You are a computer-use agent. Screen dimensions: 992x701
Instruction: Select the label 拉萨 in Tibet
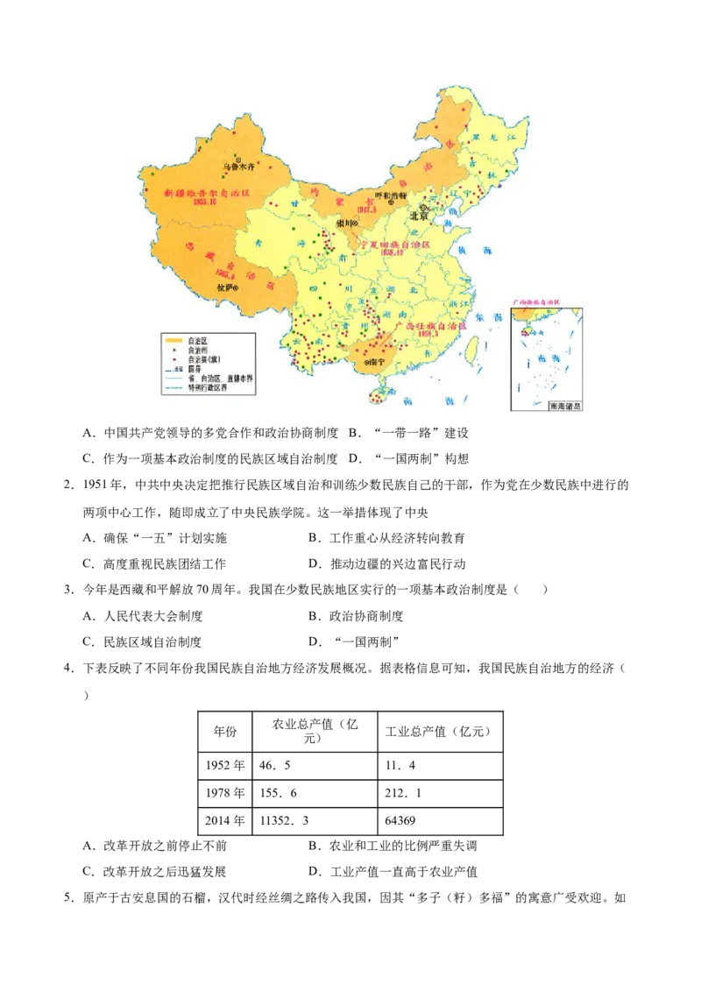pyautogui.click(x=224, y=287)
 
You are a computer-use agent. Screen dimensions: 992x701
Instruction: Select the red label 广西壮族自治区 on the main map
pyautogui.click(x=431, y=325)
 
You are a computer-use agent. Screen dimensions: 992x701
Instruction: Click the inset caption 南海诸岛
pyautogui.click(x=565, y=406)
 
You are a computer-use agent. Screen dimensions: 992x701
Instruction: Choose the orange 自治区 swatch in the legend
pyautogui.click(x=173, y=340)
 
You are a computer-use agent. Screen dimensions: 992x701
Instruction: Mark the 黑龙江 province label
pyautogui.click(x=487, y=138)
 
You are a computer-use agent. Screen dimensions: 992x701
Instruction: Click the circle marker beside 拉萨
pyautogui.click(x=237, y=287)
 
